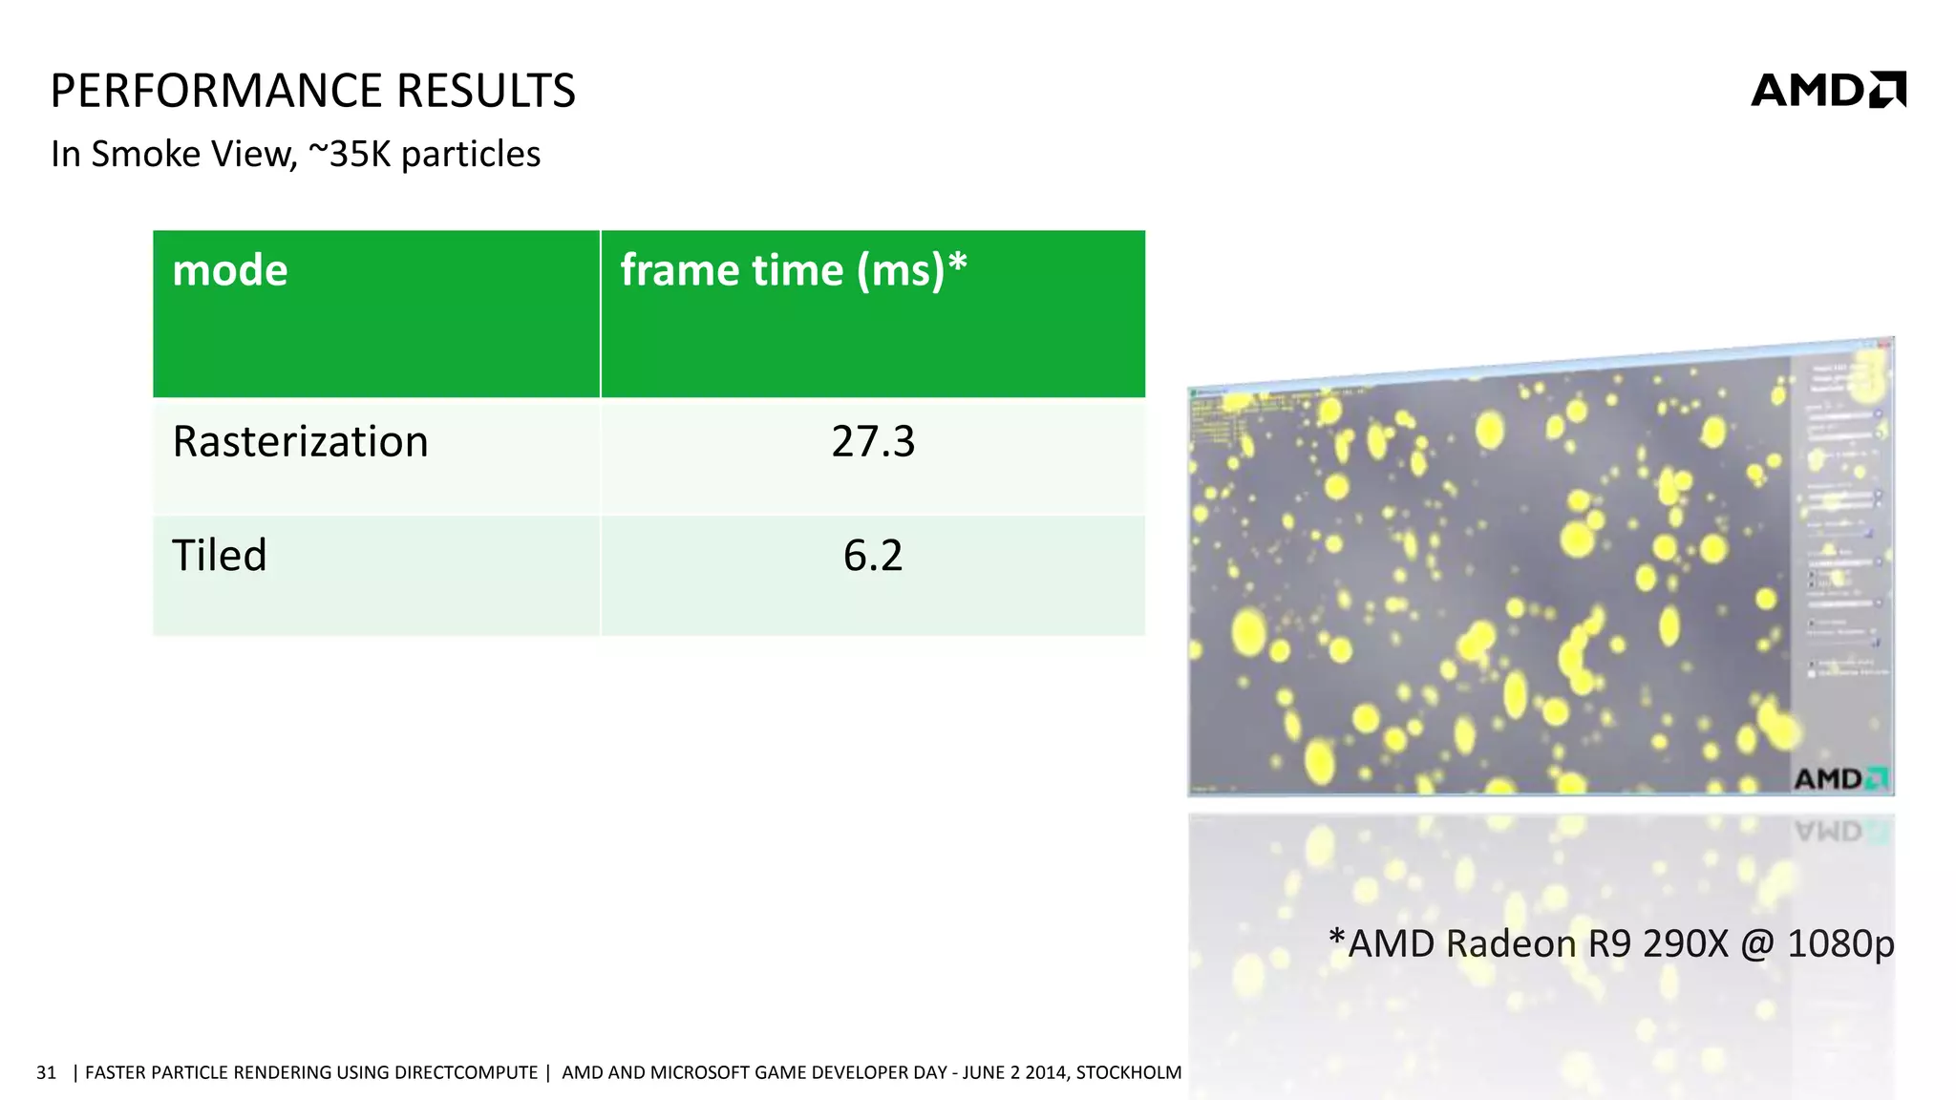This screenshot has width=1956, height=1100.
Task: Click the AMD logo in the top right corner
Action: (1827, 90)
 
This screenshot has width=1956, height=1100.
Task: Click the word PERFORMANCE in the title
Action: (217, 92)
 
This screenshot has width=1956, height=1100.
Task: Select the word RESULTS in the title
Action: (486, 92)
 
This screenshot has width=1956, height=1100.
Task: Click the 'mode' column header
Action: (230, 270)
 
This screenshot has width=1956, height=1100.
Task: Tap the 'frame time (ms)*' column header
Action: (794, 270)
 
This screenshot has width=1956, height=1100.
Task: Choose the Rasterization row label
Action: (300, 441)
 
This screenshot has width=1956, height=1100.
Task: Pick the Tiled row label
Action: (220, 555)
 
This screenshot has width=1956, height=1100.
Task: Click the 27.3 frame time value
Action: (873, 441)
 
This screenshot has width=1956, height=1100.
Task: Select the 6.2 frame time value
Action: (873, 555)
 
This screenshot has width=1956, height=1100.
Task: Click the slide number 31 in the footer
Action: (46, 1072)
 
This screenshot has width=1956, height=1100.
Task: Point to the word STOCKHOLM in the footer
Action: (1128, 1072)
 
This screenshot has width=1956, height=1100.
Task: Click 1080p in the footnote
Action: (1840, 943)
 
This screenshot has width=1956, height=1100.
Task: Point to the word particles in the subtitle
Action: (471, 154)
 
